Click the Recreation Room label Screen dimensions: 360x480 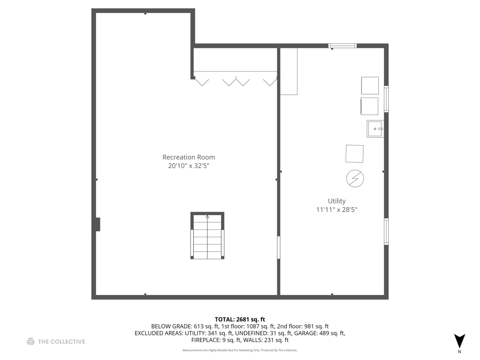pos(189,157)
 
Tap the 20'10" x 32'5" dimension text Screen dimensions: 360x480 pos(189,166)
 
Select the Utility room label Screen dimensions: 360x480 pos(337,201)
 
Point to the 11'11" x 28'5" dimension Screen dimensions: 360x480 pos(337,210)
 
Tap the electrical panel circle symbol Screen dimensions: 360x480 pos(355,178)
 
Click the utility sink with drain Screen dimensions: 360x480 pos(375,129)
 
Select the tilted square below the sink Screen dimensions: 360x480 pos(355,154)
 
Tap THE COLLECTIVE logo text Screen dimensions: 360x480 pos(61,342)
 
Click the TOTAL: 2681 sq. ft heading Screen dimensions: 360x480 pos(240,319)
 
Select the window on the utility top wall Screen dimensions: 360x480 pos(342,46)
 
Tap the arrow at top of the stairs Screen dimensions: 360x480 pos(207,217)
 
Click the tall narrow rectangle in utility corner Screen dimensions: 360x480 pos(289,71)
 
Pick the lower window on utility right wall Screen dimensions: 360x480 pos(386,232)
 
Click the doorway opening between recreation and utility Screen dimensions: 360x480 pos(279,247)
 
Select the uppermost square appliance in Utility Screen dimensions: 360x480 pos(370,86)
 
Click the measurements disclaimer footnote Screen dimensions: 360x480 pos(240,350)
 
